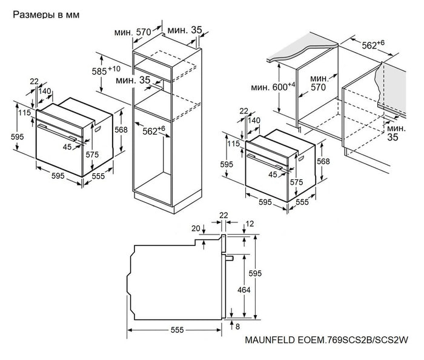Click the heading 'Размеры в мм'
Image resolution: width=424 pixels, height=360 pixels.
coord(45,13)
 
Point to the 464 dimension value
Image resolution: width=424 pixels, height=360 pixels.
coord(243,290)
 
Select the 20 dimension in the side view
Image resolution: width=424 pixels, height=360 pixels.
coord(195,229)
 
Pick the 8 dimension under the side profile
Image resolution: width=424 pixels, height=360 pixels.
coord(238,327)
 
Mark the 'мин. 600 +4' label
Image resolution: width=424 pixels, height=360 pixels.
coord(273,87)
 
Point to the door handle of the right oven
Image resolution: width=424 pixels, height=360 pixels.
coord(267,159)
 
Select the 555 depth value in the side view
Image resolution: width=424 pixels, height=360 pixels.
coord(177,330)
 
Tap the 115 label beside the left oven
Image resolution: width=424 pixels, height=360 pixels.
coord(24,113)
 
